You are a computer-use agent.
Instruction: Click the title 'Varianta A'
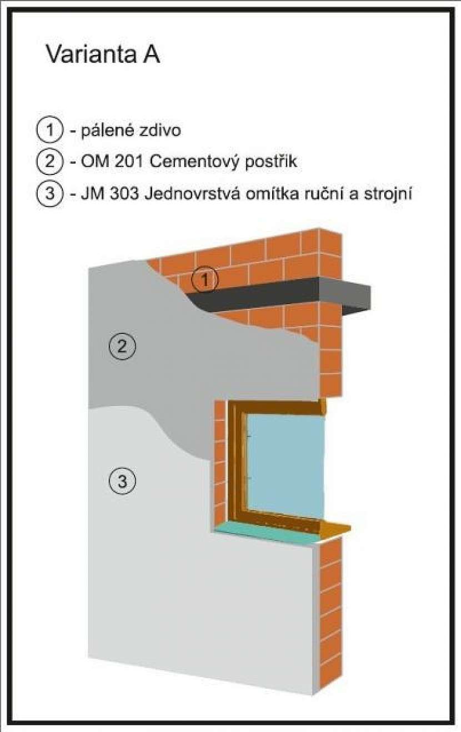[103, 54]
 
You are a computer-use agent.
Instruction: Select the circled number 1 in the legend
[49, 131]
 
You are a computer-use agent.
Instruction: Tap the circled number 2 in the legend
[49, 162]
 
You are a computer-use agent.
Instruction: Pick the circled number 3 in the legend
[49, 193]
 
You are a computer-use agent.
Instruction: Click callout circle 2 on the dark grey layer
[122, 346]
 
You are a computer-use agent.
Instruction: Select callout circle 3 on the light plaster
[122, 482]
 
